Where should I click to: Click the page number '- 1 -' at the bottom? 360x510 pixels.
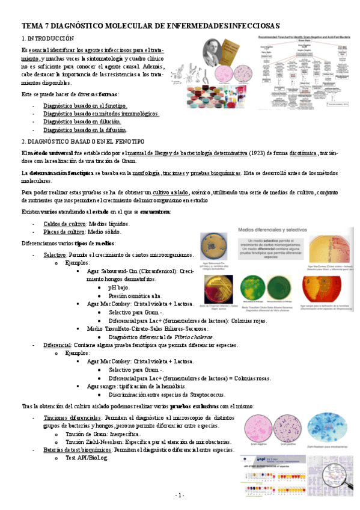click(x=180, y=495)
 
